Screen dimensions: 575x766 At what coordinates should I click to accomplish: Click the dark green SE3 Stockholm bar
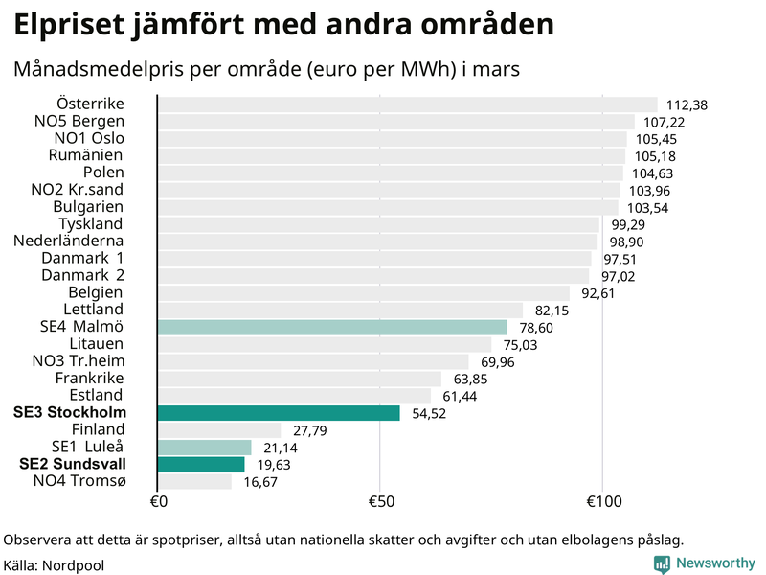tap(278, 413)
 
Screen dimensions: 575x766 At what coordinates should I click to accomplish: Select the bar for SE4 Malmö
tap(331, 327)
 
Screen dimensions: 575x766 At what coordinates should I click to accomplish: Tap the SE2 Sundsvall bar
tap(200, 465)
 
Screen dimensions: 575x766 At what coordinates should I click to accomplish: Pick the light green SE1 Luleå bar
tap(204, 448)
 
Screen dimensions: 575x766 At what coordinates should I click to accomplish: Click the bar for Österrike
tap(407, 104)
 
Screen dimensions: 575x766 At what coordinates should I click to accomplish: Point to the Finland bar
tap(218, 430)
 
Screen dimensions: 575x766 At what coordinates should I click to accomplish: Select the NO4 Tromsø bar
tap(194, 482)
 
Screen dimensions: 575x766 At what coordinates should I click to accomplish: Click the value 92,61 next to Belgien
tap(595, 293)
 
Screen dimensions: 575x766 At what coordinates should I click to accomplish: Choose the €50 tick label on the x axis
tap(380, 502)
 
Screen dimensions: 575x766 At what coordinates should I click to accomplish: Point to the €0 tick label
tap(159, 502)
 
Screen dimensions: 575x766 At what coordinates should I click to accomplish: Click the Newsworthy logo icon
tap(663, 564)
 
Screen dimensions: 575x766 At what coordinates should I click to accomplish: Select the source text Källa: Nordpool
tap(54, 565)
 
